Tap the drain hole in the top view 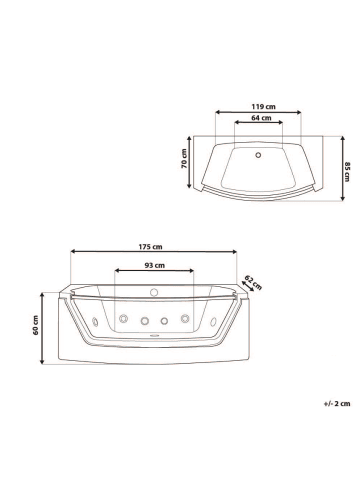[258, 154]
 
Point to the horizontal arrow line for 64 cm [258, 123]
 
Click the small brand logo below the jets [154, 338]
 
